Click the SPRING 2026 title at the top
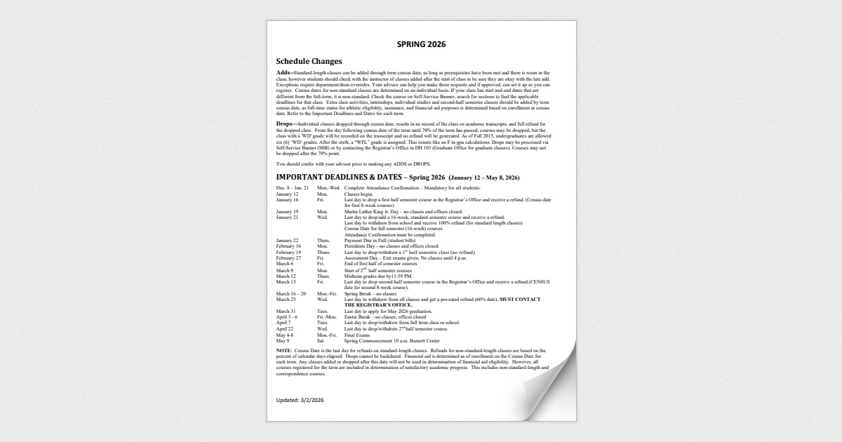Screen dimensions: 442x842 pos(421,44)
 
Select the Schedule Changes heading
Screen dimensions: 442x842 pos(309,62)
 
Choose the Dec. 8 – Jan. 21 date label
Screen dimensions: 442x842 pos(292,189)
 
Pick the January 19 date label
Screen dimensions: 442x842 pos(287,211)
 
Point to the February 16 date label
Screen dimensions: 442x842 pos(288,246)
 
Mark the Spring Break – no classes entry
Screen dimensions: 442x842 pos(370,293)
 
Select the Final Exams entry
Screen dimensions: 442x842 pos(359,335)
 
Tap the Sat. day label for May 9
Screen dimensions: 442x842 pos(321,340)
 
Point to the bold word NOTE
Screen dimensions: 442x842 pos(283,349)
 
